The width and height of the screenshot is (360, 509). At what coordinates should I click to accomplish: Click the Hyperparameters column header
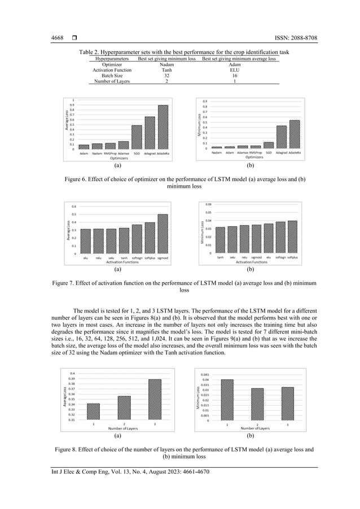coord(112,59)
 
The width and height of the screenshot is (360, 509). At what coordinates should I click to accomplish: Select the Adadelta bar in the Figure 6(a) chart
coord(163,128)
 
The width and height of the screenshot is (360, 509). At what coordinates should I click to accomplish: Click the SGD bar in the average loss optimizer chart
coord(137,137)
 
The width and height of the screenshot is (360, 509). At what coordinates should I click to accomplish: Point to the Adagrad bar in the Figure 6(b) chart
coord(282,137)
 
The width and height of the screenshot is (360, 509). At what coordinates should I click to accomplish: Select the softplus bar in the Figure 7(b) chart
coord(292,236)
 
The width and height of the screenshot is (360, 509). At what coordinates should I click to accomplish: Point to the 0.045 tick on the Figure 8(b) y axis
coord(203,374)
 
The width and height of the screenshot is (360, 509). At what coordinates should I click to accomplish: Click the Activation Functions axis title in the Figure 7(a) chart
coord(124,262)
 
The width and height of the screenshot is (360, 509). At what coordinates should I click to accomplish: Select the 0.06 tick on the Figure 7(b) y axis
coord(208,204)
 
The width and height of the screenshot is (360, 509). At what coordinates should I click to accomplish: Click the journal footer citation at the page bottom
coord(126,472)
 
